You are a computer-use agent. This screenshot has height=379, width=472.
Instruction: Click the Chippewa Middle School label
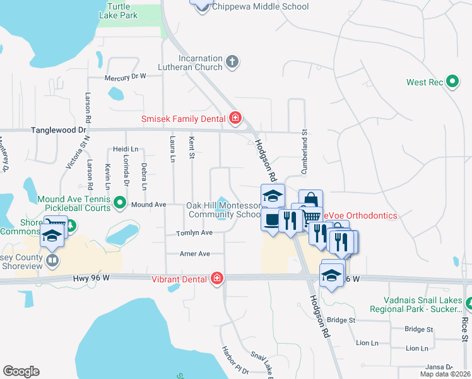pos(260,7)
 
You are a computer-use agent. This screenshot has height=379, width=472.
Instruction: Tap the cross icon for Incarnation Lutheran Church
pos(233,62)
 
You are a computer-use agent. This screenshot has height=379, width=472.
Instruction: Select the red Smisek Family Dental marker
pos(235,118)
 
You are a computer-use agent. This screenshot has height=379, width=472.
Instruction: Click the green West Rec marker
pos(452,82)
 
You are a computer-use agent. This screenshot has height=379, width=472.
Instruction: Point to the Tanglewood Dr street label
pos(59,129)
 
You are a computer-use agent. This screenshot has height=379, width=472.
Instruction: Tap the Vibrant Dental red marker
pos(217,279)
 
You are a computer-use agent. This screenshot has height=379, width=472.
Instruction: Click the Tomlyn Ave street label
pos(194,232)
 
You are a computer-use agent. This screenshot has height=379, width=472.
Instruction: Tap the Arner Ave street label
pos(194,253)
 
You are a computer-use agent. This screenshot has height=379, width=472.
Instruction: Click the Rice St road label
pos(464,328)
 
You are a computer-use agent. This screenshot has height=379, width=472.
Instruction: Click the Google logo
pos(21,371)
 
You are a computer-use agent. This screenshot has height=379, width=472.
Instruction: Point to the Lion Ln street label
pos(367,343)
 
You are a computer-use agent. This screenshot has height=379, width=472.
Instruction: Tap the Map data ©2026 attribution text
pos(444,374)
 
